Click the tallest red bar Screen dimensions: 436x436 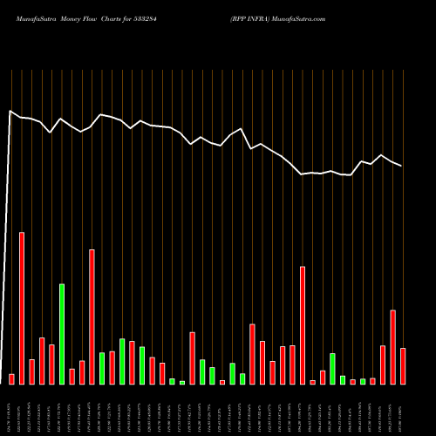coord(22,308)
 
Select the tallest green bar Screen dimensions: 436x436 coord(62,334)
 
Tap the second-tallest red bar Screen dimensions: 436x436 coord(92,317)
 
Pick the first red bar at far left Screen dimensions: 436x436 coord(11,378)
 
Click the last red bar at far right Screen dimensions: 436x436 coord(403,366)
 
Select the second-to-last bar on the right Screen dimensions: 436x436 coord(392,347)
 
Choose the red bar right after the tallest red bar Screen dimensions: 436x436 coord(31,371)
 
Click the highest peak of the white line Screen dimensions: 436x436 coord(10,111)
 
